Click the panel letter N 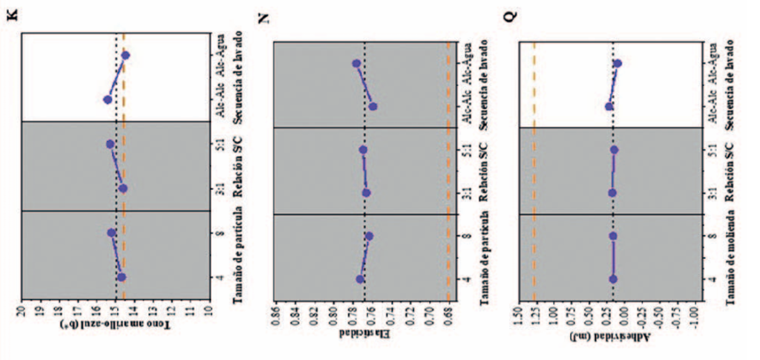click(x=262, y=19)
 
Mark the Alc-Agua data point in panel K click(x=125, y=55)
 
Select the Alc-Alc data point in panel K click(x=108, y=99)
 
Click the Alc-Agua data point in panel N click(x=356, y=64)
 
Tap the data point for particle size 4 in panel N click(x=360, y=279)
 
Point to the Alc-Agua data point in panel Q click(x=617, y=64)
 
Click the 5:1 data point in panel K click(x=111, y=144)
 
